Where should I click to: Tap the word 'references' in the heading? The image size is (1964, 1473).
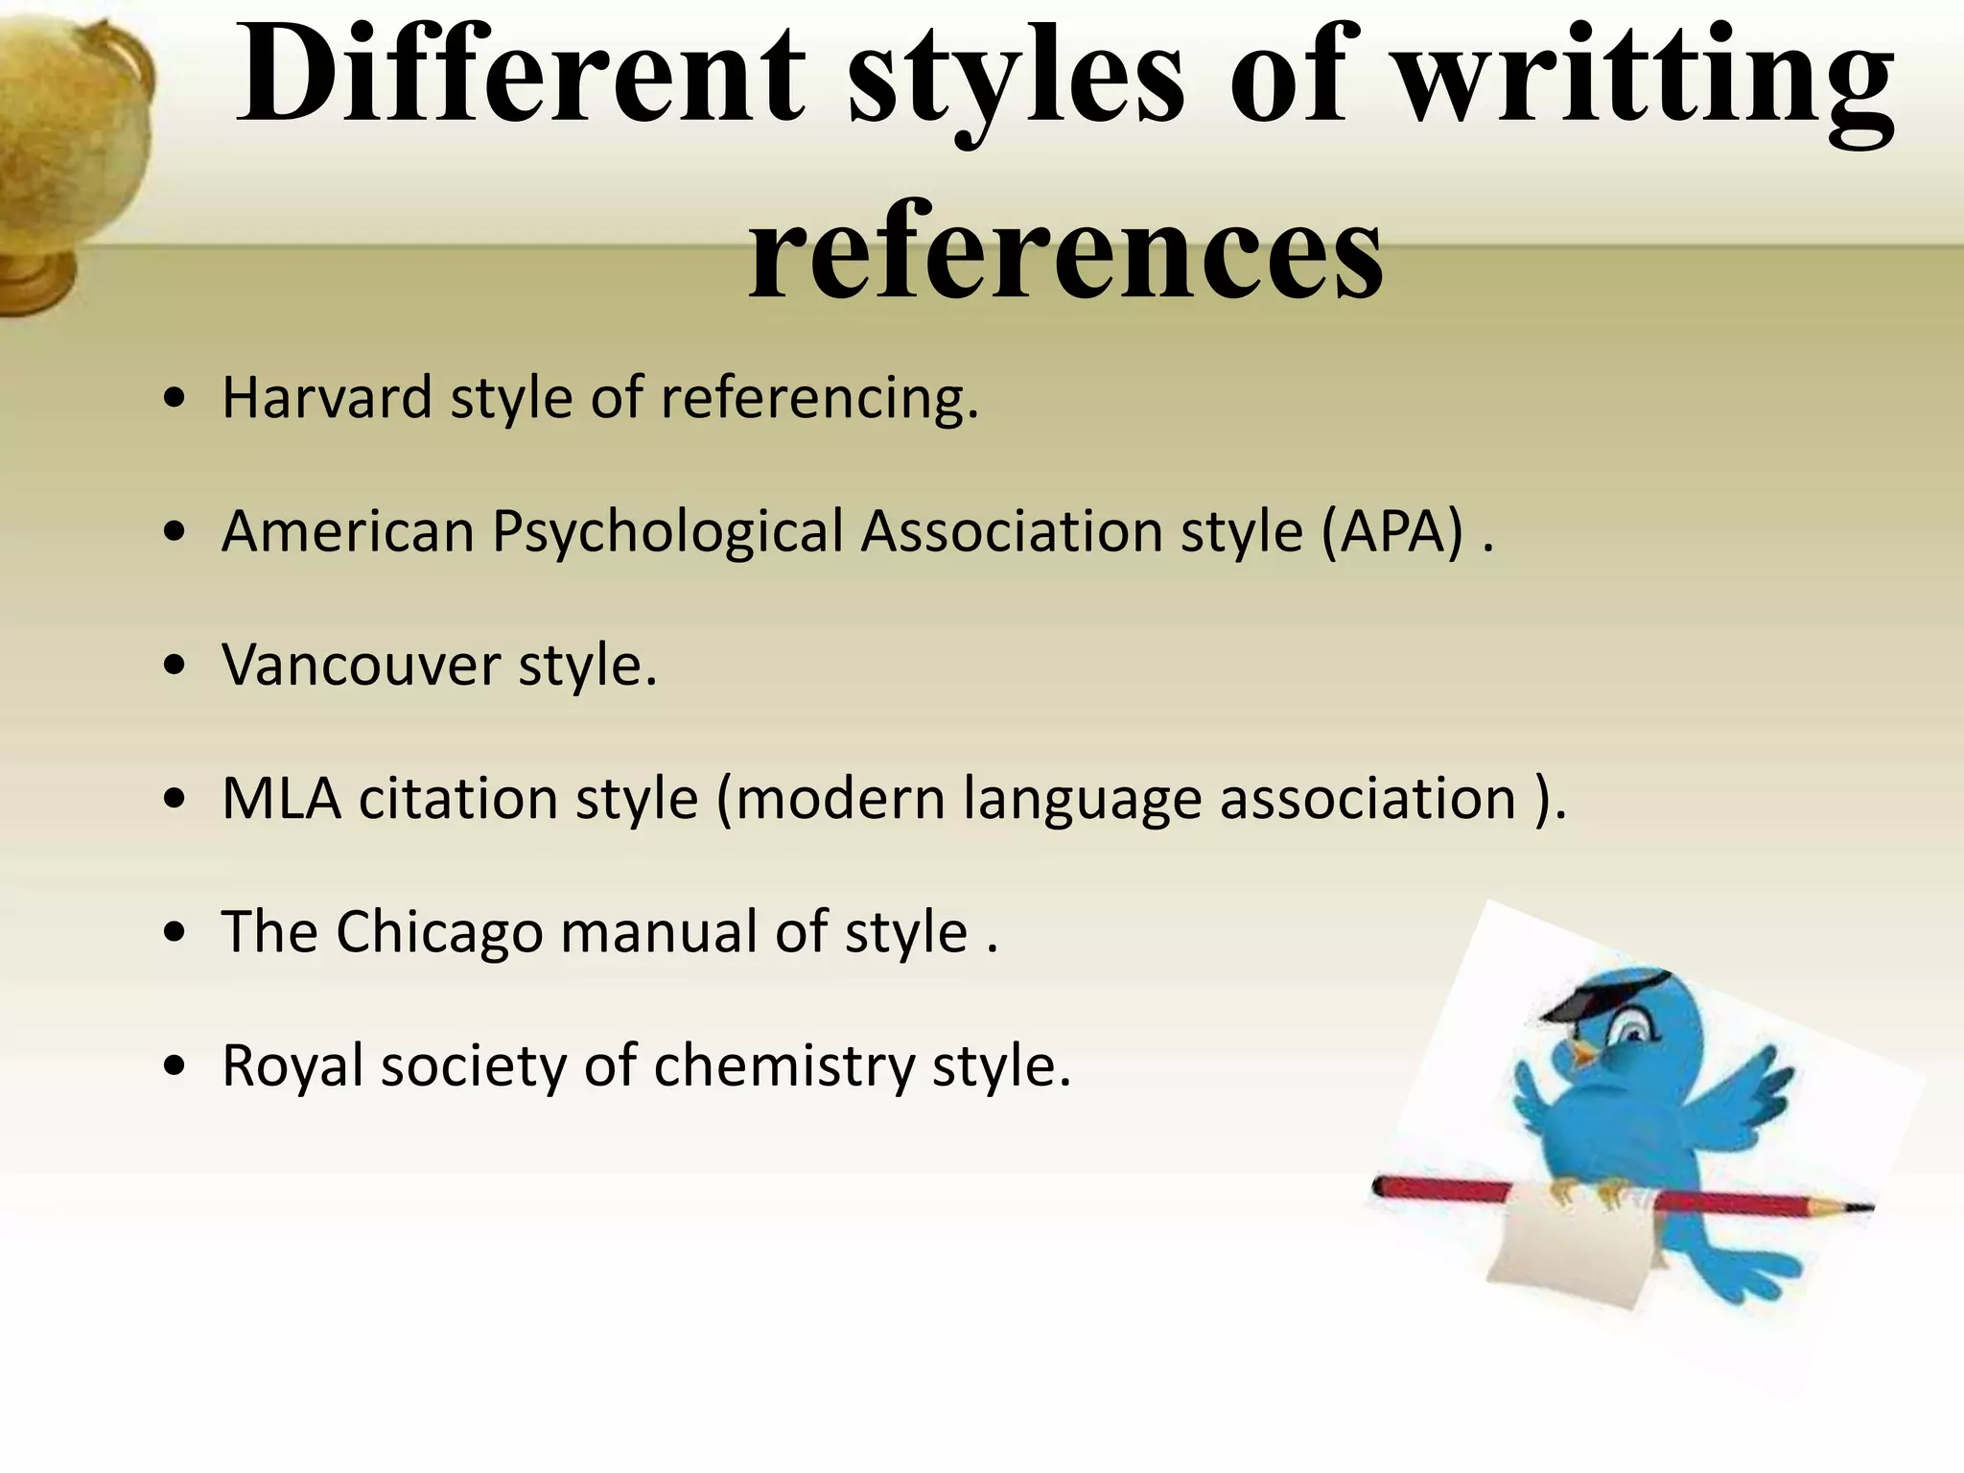1065,251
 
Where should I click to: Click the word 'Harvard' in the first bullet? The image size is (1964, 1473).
327,398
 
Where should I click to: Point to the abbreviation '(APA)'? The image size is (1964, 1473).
1393,530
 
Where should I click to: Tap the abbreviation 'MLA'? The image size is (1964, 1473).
281,798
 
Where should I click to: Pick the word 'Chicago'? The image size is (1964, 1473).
439,932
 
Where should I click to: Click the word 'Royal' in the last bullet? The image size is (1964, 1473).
292,1066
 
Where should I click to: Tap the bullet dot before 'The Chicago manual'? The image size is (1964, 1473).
174,933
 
